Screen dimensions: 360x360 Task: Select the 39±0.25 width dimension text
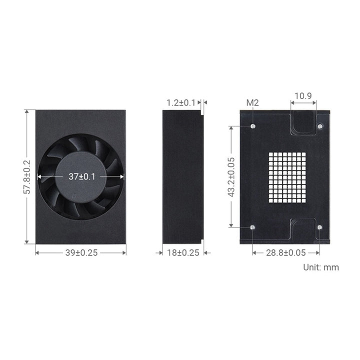point(80,252)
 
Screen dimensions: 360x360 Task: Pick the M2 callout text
point(252,102)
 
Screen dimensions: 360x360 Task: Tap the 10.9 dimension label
point(303,95)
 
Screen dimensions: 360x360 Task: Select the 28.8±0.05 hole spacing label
point(286,252)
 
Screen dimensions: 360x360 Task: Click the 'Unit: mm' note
point(321,267)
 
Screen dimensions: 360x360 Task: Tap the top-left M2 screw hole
point(253,126)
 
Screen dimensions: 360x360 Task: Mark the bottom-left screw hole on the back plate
point(253,227)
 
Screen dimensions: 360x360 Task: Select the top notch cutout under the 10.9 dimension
point(303,123)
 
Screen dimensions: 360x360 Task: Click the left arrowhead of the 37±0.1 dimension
point(40,176)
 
